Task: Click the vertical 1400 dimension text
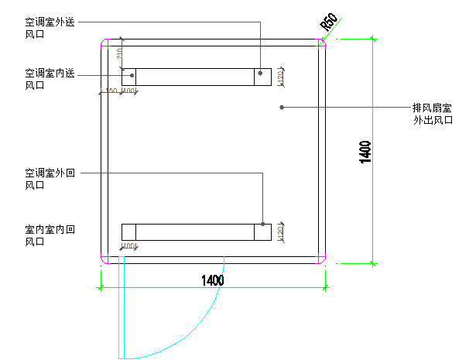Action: pos(365,152)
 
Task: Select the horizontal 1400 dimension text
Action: pos(212,280)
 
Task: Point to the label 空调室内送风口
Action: pos(50,79)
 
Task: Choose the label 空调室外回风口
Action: pos(50,178)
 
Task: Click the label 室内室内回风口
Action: pos(50,235)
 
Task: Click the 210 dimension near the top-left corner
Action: pos(119,54)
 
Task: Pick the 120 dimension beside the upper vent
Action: pos(281,77)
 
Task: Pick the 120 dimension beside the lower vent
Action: pos(281,231)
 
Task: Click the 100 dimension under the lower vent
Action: pos(128,246)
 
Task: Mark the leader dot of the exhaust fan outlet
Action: pos(282,107)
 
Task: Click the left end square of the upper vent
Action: pos(129,76)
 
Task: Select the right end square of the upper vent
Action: pos(263,76)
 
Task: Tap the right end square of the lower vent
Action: pos(263,231)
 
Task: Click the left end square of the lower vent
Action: pos(129,231)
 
